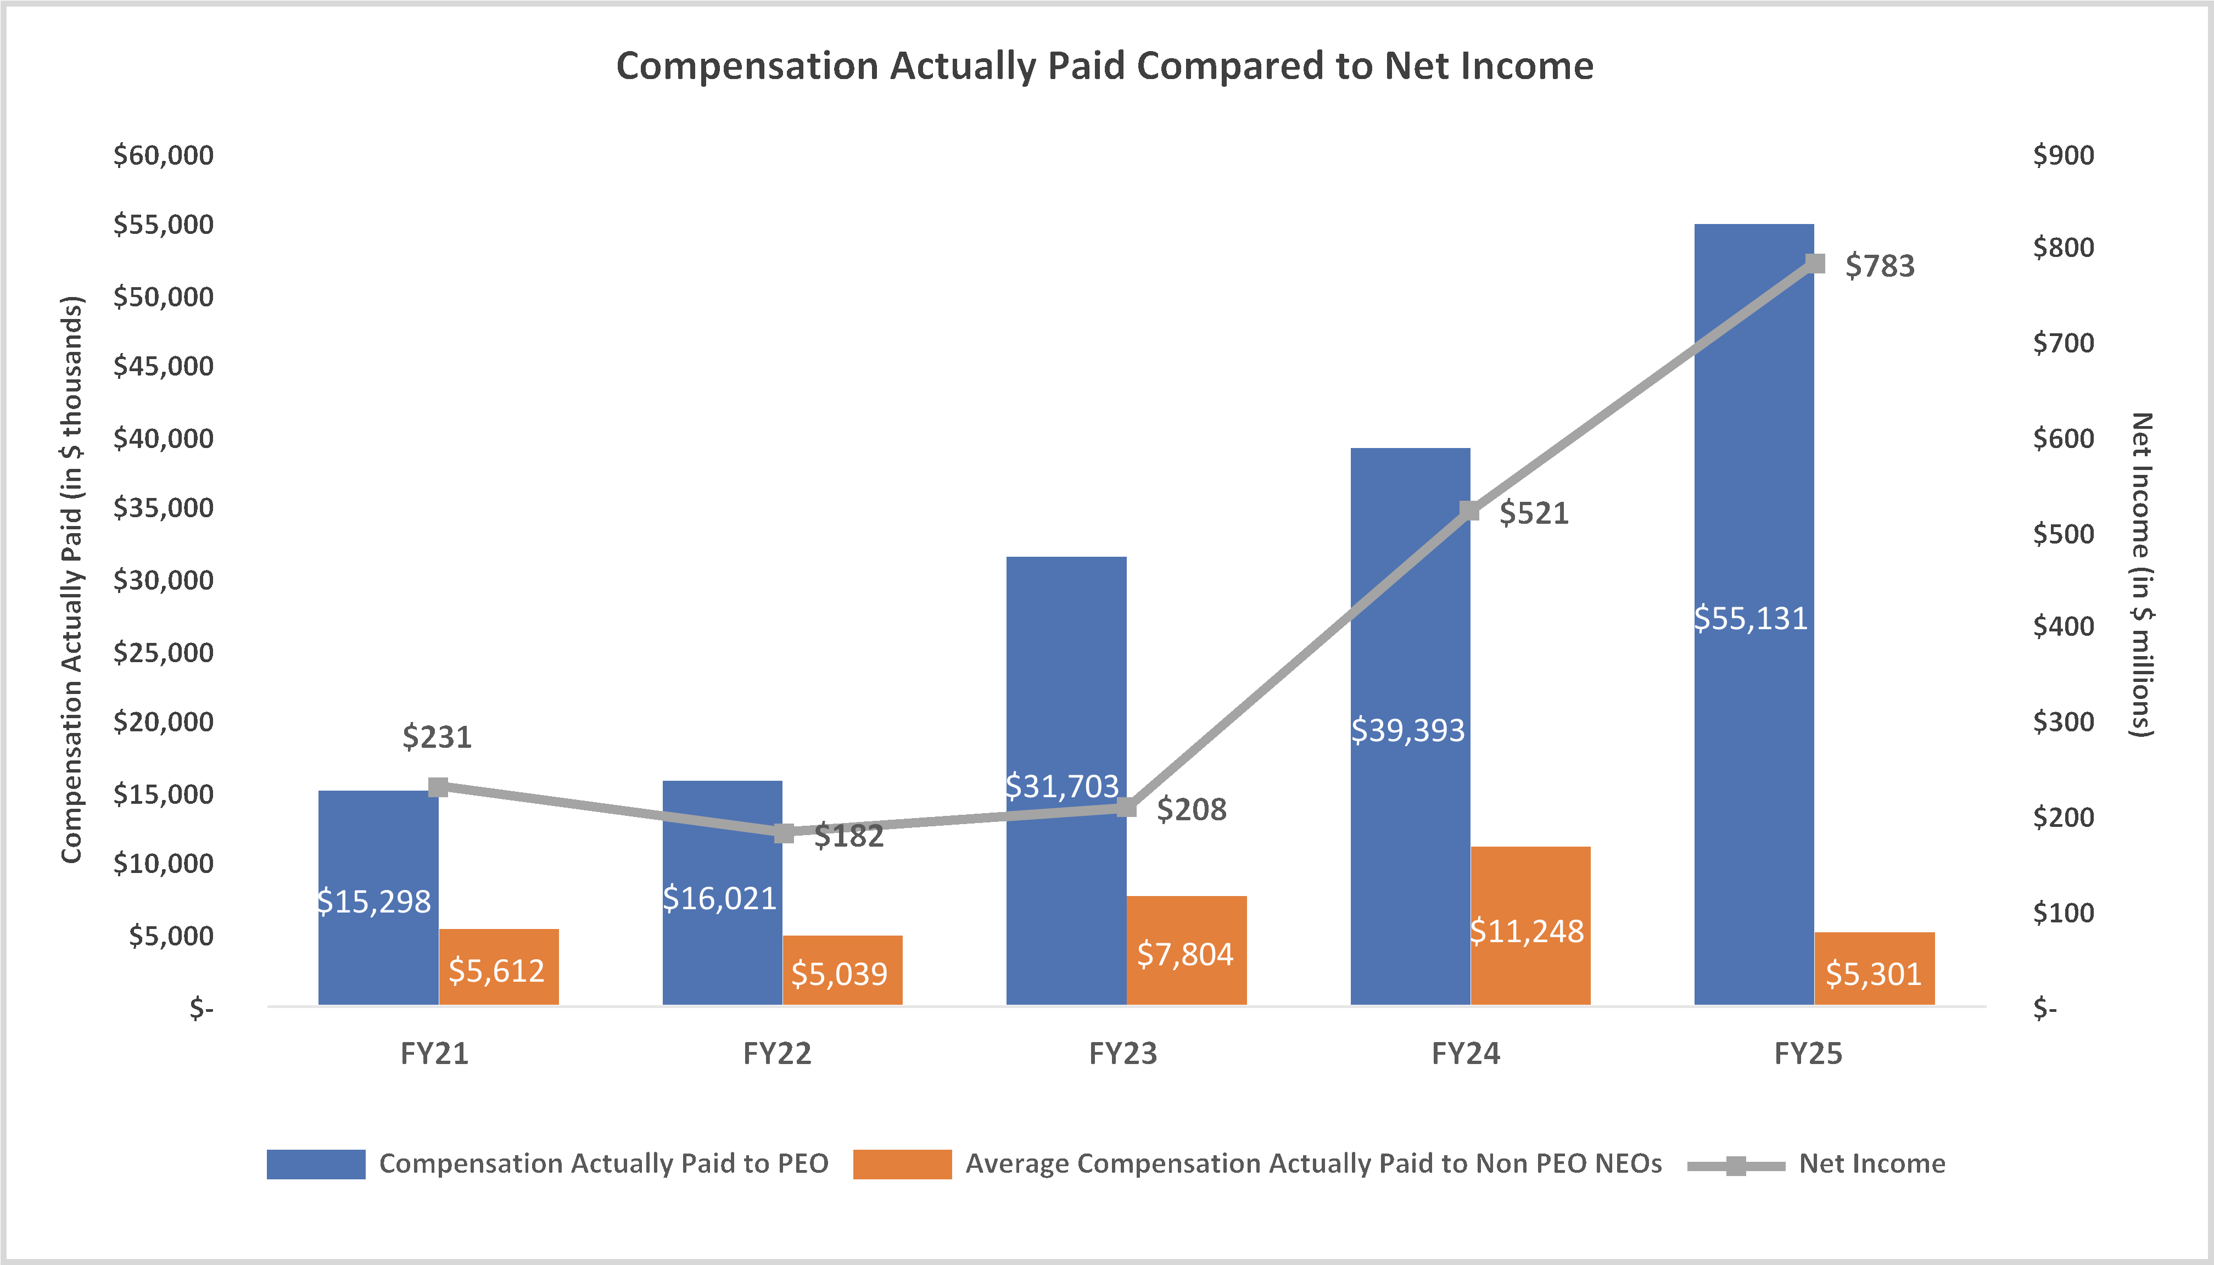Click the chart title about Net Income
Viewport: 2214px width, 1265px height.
(x=1104, y=66)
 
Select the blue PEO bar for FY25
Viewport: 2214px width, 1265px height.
(x=1753, y=434)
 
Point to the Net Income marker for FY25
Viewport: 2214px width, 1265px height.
(x=1814, y=263)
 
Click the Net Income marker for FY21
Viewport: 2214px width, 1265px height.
(x=439, y=787)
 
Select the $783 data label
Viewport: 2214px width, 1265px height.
(x=1880, y=266)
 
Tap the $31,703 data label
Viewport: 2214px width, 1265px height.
(x=1062, y=786)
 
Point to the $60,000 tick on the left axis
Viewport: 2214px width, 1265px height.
(x=163, y=155)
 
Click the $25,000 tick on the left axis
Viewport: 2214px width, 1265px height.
(x=163, y=652)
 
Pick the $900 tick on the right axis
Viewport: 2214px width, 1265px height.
(x=2063, y=155)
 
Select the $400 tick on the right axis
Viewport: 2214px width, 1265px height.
(x=2063, y=626)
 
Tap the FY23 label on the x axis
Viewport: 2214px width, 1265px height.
(x=1122, y=1054)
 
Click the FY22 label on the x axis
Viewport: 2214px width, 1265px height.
(x=777, y=1054)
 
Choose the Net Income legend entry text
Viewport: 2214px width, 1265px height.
(x=1872, y=1163)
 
